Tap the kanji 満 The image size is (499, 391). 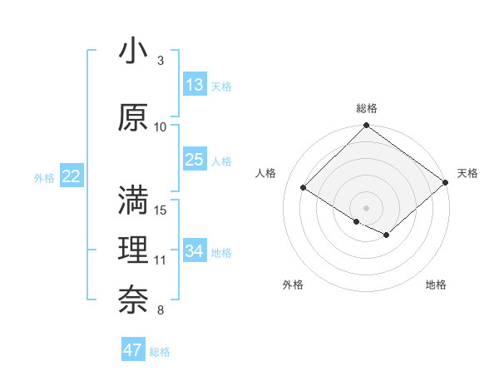click(x=134, y=200)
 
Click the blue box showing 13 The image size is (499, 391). click(x=195, y=85)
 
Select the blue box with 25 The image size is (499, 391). click(x=195, y=160)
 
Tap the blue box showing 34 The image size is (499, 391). click(x=195, y=251)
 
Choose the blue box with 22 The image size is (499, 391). click(x=72, y=176)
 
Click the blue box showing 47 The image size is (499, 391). click(x=133, y=350)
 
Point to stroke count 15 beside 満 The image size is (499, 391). click(x=161, y=210)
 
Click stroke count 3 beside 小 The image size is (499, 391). click(x=161, y=61)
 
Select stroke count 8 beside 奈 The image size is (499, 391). click(x=161, y=310)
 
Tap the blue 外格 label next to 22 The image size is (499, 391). click(x=44, y=177)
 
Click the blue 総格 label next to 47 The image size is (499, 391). click(x=160, y=352)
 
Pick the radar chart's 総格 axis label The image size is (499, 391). click(x=366, y=108)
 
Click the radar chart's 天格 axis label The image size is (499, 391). click(x=467, y=173)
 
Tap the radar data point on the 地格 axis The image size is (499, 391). click(x=387, y=235)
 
